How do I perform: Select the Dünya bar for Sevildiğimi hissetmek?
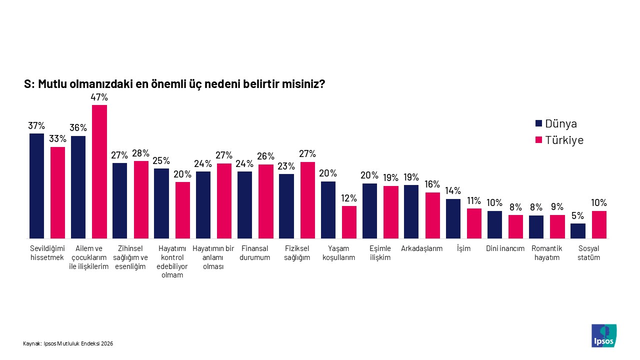(x=36, y=185)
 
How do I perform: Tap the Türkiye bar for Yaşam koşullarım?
(x=349, y=222)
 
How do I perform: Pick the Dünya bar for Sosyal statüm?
(x=578, y=230)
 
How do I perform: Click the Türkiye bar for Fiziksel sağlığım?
(x=307, y=200)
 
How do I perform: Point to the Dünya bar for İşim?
(x=453, y=218)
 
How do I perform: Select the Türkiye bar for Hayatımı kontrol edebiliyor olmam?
(x=182, y=210)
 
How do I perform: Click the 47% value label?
(x=99, y=97)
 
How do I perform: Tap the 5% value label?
(x=578, y=215)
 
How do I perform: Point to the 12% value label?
(x=349, y=198)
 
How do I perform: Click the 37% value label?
(x=36, y=125)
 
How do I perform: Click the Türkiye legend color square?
(x=538, y=140)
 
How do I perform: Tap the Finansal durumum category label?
(x=255, y=253)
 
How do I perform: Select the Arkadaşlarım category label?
(x=421, y=248)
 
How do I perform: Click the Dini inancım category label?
(x=505, y=248)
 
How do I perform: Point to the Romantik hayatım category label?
(x=546, y=253)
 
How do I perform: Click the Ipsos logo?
(x=603, y=335)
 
